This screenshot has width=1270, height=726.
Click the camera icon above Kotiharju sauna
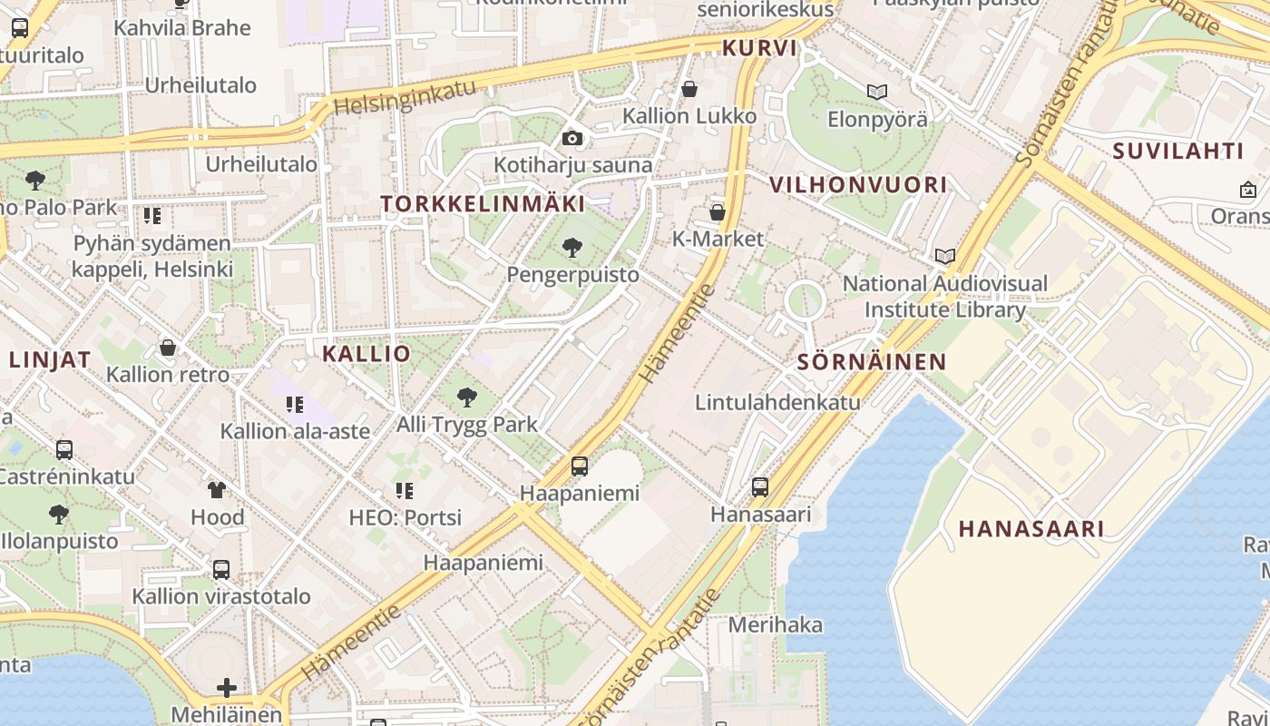point(571,138)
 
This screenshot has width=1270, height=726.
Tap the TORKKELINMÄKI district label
point(484,203)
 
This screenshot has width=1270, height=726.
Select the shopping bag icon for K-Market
point(718,212)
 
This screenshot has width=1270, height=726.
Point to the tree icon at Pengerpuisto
point(571,247)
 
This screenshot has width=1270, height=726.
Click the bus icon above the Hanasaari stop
point(760,486)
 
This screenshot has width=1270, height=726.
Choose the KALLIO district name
point(366,354)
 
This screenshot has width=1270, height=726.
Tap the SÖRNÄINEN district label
point(872,362)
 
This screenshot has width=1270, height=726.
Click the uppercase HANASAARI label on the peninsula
point(1031,529)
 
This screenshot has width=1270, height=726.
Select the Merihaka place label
point(776,624)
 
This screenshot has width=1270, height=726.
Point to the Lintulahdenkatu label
point(777,401)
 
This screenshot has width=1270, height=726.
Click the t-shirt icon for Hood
point(217,490)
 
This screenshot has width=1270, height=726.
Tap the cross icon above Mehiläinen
point(227,687)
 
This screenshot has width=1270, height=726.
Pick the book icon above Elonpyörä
point(876,92)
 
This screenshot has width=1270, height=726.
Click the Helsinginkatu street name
point(404,96)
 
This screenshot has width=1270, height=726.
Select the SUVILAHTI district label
point(1177,151)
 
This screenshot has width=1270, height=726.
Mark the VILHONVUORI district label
point(858,185)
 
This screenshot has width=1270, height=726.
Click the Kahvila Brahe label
point(181,27)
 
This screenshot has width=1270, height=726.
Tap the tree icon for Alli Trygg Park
point(467,397)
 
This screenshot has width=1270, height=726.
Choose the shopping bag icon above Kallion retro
point(168,348)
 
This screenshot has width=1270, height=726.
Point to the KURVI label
point(759,48)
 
